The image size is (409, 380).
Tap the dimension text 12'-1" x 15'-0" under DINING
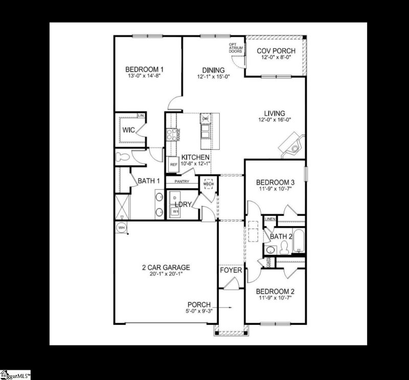213,77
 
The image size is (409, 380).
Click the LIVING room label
275,114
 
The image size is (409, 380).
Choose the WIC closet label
128,130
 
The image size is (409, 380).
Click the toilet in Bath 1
122,157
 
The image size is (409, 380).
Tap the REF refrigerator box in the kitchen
173,165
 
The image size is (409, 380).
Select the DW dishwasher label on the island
206,119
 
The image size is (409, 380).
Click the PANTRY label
182,181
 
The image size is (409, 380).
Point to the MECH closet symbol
208,184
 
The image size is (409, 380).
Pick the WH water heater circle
122,227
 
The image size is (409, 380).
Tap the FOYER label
231,270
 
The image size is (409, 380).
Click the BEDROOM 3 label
276,182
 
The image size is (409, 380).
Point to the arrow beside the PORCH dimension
227,308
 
